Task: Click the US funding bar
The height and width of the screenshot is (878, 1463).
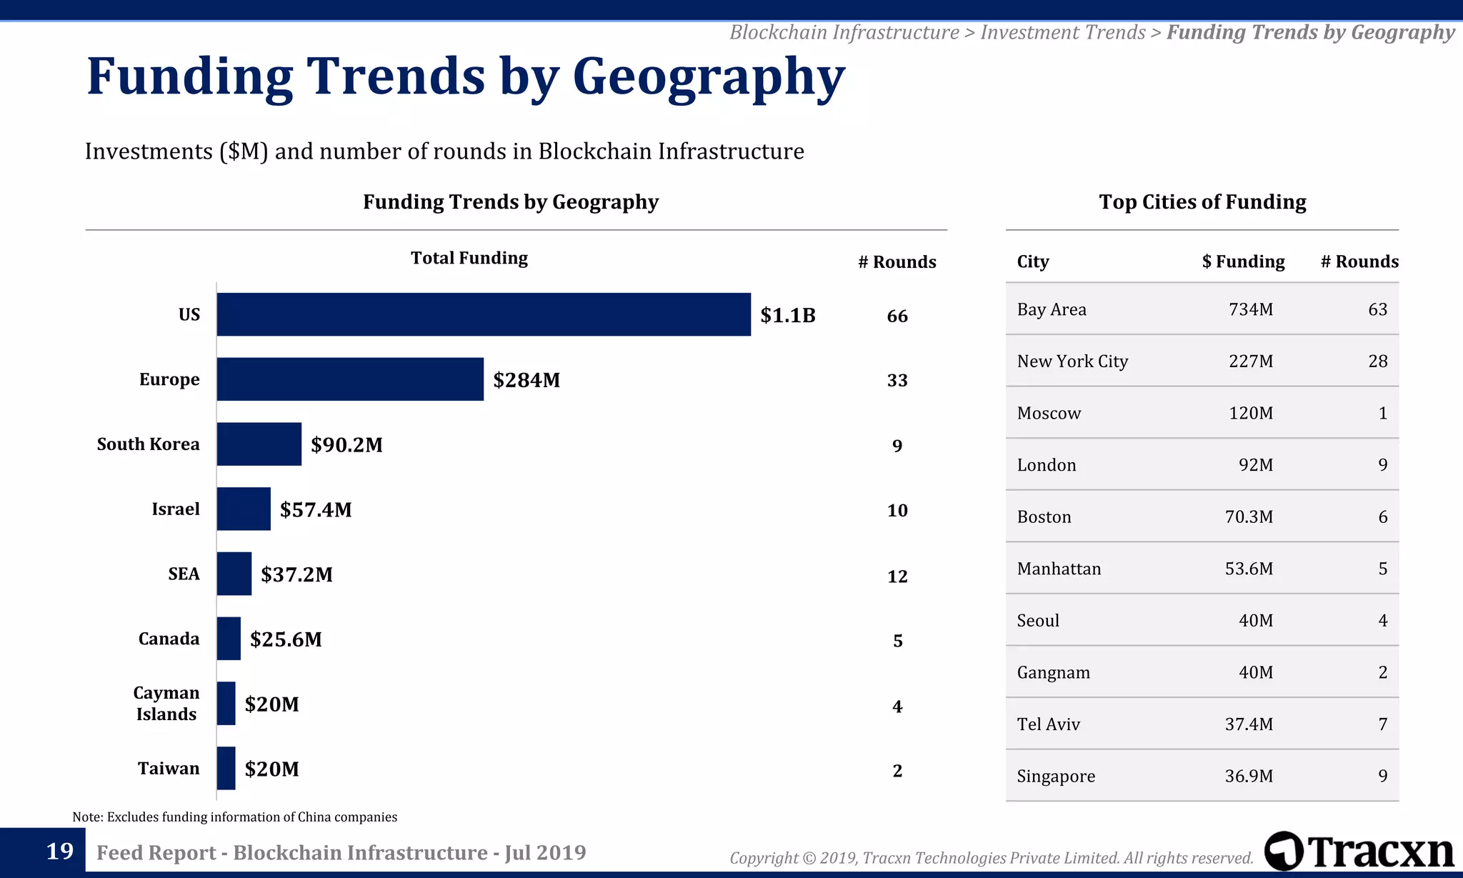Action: pos(484,314)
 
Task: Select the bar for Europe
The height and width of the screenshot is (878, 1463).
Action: pos(350,379)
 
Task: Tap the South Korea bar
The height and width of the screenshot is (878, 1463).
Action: pos(259,444)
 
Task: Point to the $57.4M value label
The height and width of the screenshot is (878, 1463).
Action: pos(316,509)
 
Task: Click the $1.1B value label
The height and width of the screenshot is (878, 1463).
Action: pos(787,315)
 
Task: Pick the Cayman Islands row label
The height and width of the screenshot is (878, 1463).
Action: pos(166,704)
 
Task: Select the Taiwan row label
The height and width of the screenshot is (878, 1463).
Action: pos(169,769)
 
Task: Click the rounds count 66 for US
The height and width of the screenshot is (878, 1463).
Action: pos(897,316)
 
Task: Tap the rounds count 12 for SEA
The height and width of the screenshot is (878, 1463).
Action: pos(897,576)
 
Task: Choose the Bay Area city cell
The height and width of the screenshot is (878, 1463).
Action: pos(1052,309)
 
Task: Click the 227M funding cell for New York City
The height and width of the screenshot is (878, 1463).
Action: pos(1250,361)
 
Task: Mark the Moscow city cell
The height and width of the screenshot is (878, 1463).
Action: pos(1049,414)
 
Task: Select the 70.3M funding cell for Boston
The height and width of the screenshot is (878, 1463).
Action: pos(1249,517)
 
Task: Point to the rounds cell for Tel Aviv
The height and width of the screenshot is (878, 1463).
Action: pos(1382,724)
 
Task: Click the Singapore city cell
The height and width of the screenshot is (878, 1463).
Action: pos(1056,777)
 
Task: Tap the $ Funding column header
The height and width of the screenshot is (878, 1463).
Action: pos(1243,261)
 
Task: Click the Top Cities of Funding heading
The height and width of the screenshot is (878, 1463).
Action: pos(1202,202)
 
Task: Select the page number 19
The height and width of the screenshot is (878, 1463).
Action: pos(60,852)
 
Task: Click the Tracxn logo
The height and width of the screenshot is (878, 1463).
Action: pos(1359,852)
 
